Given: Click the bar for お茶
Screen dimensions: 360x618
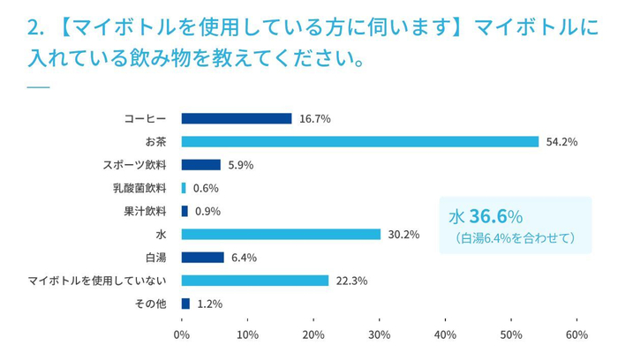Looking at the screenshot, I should tap(360, 141).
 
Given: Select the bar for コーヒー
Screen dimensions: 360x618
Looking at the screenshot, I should tap(237, 118).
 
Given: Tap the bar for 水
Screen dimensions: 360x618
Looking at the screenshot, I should tap(281, 234).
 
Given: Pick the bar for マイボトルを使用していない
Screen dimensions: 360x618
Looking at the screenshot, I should tap(255, 281).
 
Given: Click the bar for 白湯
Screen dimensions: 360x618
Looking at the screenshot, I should tap(202, 258).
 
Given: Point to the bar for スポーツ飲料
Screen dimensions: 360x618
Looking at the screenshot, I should tap(200, 164).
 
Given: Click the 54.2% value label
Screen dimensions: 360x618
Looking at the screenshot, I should tap(561, 141).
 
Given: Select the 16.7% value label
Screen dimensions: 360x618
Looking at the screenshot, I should tap(314, 118).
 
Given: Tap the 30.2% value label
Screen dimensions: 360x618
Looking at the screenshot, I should tap(403, 234).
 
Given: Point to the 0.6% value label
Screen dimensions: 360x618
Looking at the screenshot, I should tap(206, 188).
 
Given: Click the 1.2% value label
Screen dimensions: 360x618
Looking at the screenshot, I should tap(209, 304).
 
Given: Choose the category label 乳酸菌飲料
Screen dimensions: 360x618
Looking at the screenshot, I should tap(139, 188).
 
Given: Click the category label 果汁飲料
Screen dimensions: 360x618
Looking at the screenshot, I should tap(147, 211).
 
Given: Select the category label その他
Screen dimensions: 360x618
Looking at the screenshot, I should tap(151, 304).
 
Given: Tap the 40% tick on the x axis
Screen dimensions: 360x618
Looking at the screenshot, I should tap(445, 334).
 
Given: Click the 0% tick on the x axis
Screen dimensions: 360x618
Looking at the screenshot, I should tap(182, 334).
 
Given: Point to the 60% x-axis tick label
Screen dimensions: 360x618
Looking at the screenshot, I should tap(577, 334).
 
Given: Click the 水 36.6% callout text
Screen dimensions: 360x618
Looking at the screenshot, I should tap(486, 216).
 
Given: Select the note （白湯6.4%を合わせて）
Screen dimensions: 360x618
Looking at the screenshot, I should tap(515, 237).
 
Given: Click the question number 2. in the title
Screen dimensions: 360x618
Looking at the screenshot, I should tap(35, 28).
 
